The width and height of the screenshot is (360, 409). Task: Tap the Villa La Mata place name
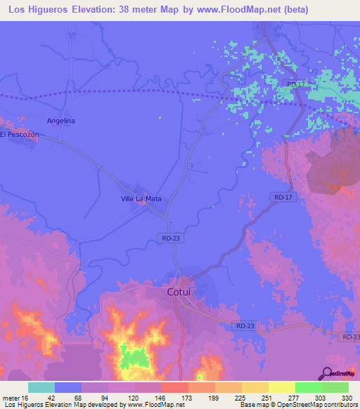141,199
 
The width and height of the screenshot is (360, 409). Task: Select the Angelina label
60,121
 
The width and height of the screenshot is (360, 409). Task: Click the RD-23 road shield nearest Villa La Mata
171,239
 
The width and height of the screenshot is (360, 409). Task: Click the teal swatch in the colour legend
41,387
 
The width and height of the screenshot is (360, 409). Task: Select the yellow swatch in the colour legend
281,387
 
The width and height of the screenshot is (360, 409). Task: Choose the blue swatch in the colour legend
68,387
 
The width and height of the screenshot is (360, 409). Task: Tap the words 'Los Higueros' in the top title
37,11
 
